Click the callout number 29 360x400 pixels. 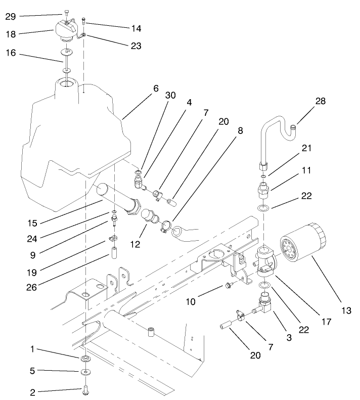point(10,17)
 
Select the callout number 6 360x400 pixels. point(156,88)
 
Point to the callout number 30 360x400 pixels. point(170,95)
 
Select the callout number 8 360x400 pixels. point(240,130)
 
